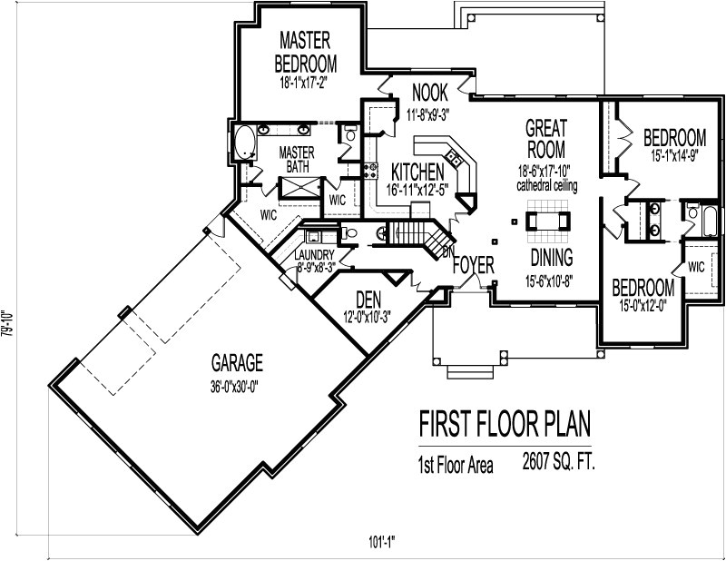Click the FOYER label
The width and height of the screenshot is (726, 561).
click(x=474, y=266)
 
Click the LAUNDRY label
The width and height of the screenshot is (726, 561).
click(x=315, y=256)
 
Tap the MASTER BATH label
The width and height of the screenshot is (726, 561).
click(x=296, y=160)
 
